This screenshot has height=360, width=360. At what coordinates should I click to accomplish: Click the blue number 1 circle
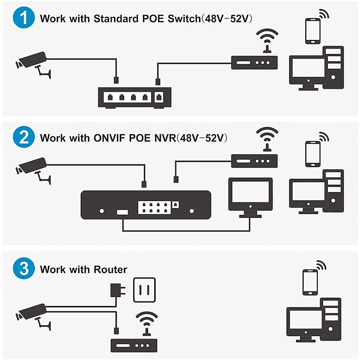click(24, 18)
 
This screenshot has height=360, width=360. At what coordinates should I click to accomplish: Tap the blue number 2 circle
click(24, 137)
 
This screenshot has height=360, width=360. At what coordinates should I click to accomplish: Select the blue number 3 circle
click(24, 268)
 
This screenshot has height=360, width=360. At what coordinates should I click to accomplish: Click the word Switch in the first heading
click(184, 19)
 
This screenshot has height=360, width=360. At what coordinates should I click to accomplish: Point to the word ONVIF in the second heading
click(109, 138)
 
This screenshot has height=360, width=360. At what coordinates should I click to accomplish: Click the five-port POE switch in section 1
click(134, 97)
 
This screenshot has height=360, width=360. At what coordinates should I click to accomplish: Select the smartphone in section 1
click(313, 31)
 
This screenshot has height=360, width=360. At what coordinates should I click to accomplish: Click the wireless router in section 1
click(254, 62)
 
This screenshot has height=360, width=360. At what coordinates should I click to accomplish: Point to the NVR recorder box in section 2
click(146, 205)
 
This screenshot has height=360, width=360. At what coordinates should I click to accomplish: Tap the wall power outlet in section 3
click(144, 290)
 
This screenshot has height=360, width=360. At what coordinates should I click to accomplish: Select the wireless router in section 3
click(134, 345)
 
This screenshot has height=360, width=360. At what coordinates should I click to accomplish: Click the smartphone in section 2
click(313, 154)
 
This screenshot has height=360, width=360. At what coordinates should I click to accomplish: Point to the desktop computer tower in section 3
click(331, 319)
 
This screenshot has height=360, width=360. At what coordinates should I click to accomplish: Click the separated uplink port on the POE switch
click(159, 97)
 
